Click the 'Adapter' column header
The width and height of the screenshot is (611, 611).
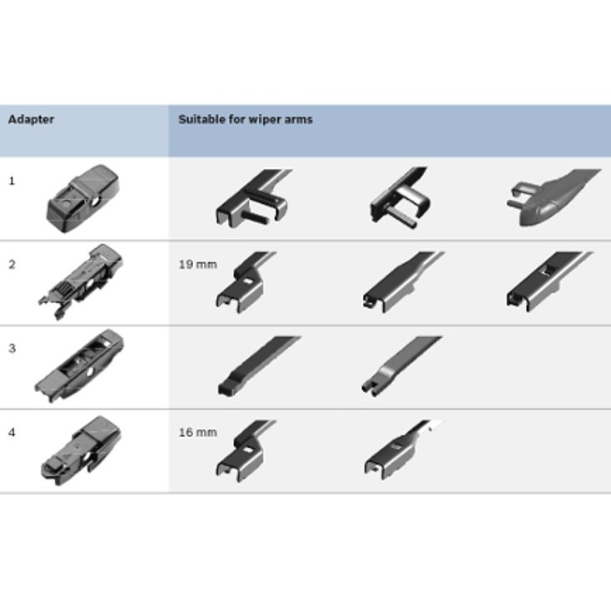click(x=31, y=119)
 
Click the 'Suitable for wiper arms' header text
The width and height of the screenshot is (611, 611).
click(x=246, y=119)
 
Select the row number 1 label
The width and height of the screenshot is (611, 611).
click(x=12, y=181)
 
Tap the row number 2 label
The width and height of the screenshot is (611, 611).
click(x=12, y=265)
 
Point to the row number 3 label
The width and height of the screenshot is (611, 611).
click(x=12, y=348)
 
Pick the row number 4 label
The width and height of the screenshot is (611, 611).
click(x=12, y=433)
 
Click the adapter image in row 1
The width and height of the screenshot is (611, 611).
click(x=82, y=199)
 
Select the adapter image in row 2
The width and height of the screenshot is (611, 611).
click(x=81, y=281)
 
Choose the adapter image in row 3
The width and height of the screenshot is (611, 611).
click(x=79, y=365)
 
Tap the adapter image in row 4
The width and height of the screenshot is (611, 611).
click(x=81, y=450)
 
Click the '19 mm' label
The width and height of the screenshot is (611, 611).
click(x=197, y=265)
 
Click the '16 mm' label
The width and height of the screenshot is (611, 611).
click(x=197, y=433)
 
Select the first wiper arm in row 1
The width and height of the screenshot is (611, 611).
click(x=253, y=198)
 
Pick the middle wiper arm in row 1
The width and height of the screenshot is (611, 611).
click(x=400, y=197)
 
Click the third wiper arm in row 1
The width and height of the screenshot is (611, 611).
click(x=554, y=196)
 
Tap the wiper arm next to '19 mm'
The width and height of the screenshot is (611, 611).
click(x=246, y=281)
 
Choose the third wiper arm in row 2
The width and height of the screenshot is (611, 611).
click(x=549, y=281)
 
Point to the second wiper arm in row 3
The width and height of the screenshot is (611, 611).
click(x=401, y=366)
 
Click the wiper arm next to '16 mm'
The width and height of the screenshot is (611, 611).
click(x=246, y=450)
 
